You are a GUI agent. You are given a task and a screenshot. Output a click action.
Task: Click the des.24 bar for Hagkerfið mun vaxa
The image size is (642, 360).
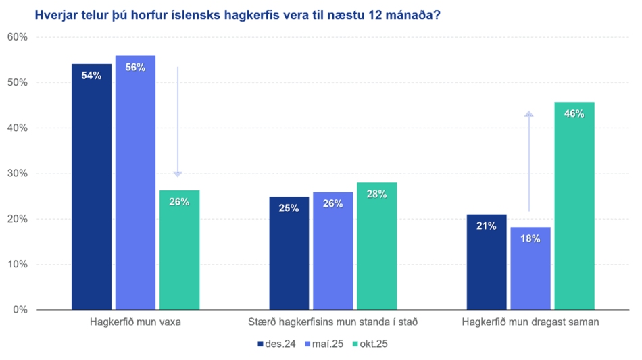[x=91, y=186]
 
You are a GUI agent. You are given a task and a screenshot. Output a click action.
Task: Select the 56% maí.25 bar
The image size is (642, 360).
[x=135, y=182]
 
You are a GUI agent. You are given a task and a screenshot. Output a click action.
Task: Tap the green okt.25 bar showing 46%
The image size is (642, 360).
[x=574, y=206]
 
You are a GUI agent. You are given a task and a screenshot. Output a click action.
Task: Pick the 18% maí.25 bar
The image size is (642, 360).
[x=530, y=268]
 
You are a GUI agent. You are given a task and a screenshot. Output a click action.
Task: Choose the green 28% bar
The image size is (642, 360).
[x=376, y=246]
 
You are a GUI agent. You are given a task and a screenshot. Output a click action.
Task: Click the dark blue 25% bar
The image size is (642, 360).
[x=289, y=253]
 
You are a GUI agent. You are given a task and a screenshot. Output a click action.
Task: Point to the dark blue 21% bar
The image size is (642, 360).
[x=487, y=262]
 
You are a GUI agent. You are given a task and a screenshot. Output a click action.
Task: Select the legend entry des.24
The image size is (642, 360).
[x=277, y=344]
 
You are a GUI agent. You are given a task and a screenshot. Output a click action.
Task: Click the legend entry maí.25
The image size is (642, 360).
[x=324, y=344]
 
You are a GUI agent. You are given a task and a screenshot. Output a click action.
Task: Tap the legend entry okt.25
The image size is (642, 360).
[x=370, y=344]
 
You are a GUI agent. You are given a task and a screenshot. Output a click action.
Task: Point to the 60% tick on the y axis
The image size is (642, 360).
[x=18, y=37]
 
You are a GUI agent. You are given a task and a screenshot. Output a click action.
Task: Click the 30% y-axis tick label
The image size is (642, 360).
[x=18, y=174]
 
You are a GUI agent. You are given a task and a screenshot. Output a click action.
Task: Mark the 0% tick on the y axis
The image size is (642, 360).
[x=20, y=310]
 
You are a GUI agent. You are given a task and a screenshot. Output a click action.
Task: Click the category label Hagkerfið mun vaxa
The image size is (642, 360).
[x=136, y=322]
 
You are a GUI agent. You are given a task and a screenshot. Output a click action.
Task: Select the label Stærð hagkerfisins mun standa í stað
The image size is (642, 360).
[x=333, y=322]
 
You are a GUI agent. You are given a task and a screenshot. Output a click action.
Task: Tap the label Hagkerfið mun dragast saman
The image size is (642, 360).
[x=530, y=322]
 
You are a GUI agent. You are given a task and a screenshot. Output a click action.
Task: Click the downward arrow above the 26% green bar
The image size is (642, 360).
[x=177, y=122]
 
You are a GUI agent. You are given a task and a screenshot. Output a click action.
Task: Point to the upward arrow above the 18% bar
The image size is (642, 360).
[x=529, y=161]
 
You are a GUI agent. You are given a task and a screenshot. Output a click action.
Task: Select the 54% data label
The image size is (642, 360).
[x=91, y=75]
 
